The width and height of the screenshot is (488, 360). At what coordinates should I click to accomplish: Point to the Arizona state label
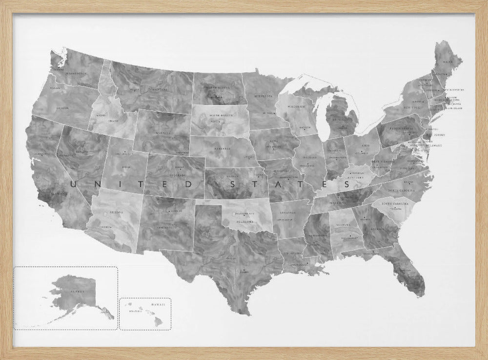(x=116, y=212)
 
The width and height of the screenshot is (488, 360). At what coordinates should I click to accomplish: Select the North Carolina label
(x=401, y=190)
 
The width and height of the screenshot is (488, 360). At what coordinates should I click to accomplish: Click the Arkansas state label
(x=288, y=213)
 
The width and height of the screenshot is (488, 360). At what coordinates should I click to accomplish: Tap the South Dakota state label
(x=219, y=116)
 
